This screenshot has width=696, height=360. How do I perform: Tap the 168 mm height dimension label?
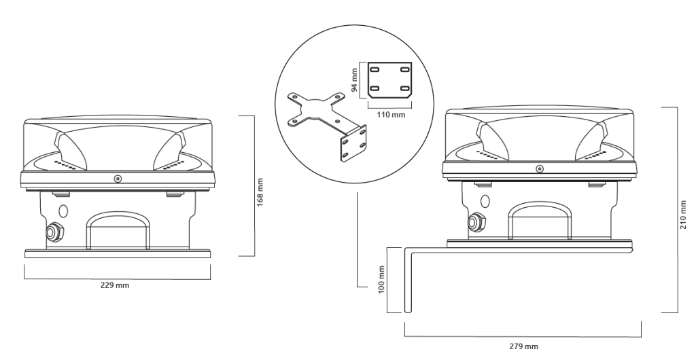tap(260, 190)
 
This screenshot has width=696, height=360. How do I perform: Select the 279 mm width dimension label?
tap(523, 346)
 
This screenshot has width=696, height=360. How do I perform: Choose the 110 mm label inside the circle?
tap(390, 115)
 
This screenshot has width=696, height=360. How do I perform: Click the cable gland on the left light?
tap(52, 232)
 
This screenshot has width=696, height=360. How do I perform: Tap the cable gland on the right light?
tap(475, 220)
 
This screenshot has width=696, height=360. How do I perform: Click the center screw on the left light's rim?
tap(118, 179)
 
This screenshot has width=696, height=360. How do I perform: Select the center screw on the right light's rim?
tap(539, 168)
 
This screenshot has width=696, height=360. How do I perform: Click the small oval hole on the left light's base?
tap(64, 211)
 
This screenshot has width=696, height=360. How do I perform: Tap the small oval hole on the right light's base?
tap(485, 201)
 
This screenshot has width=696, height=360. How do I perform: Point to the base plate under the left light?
tap(118, 253)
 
